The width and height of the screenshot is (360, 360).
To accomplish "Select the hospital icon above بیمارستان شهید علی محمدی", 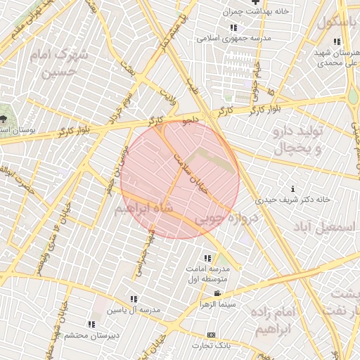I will pos(337,41).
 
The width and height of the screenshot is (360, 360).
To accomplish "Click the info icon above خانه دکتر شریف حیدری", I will pos(293,188).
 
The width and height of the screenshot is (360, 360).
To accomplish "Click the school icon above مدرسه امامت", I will pos(207,258).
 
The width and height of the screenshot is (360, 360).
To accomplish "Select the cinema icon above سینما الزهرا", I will pos(217,294).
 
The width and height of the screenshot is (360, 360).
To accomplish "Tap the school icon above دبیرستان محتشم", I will pos(91,324).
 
